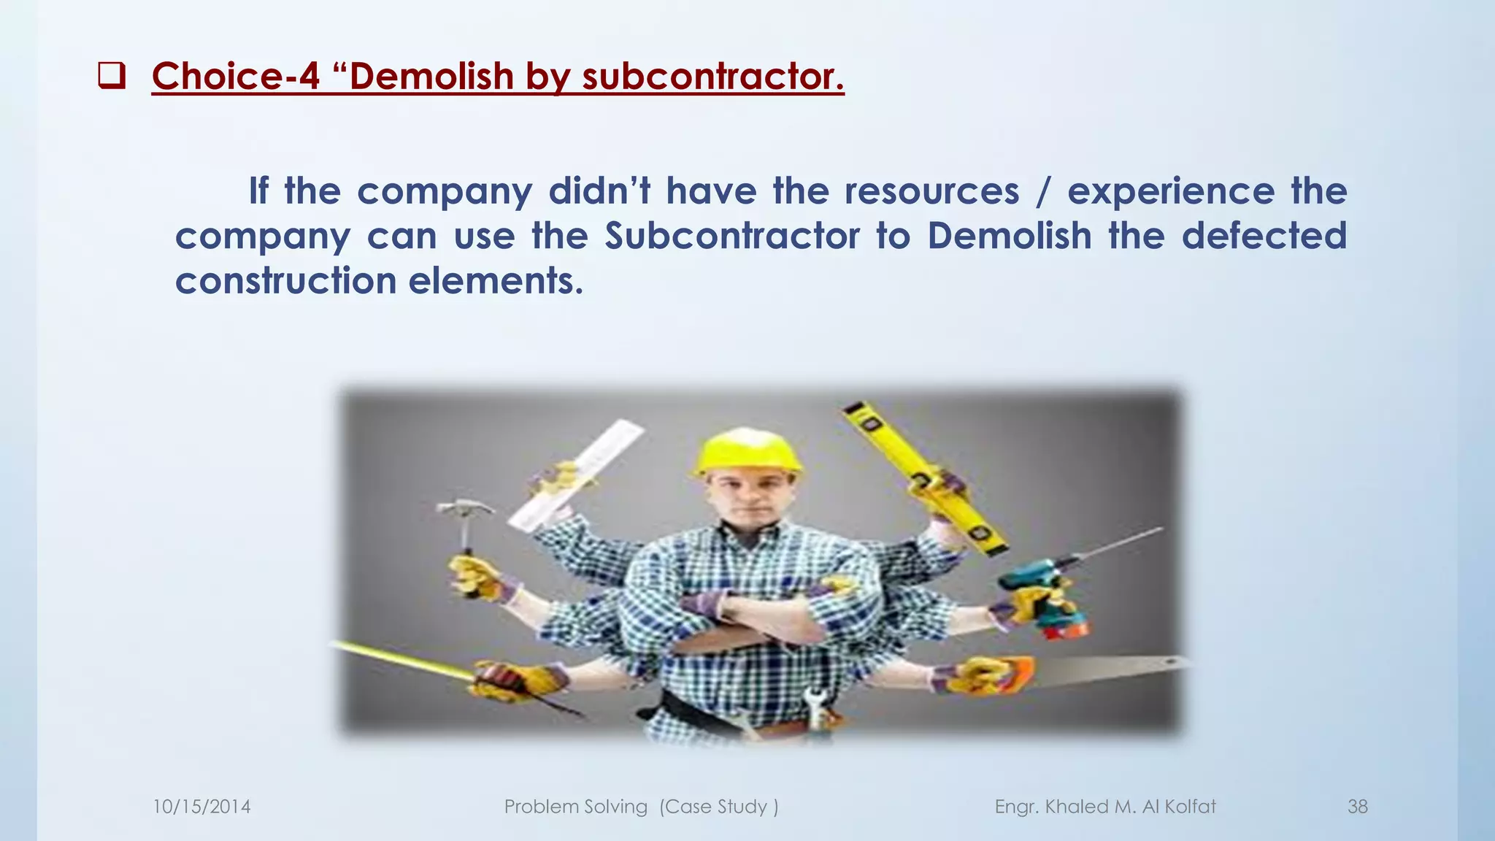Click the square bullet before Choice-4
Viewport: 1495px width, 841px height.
coord(112,76)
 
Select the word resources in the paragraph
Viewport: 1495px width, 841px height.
coord(931,191)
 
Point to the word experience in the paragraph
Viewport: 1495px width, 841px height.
coord(1171,191)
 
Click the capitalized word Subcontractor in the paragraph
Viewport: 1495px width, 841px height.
coord(732,236)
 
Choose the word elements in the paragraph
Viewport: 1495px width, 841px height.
coord(496,281)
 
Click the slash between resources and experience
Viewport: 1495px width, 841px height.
coord(1044,191)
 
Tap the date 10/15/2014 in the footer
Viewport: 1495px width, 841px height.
coord(201,807)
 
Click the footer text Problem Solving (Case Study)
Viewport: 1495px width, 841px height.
coord(641,807)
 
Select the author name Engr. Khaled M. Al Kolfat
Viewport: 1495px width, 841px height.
coord(1105,807)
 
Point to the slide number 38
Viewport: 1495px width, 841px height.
coord(1357,807)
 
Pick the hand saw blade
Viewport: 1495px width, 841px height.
coord(1110,668)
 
